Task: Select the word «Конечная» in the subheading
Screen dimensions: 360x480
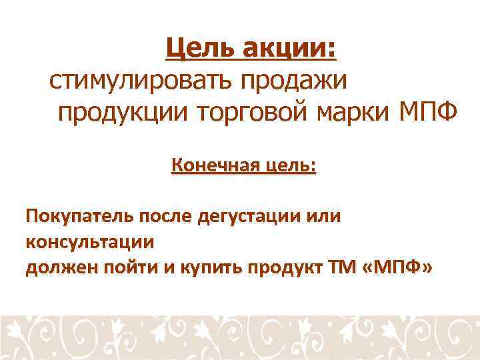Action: pos(211,165)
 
